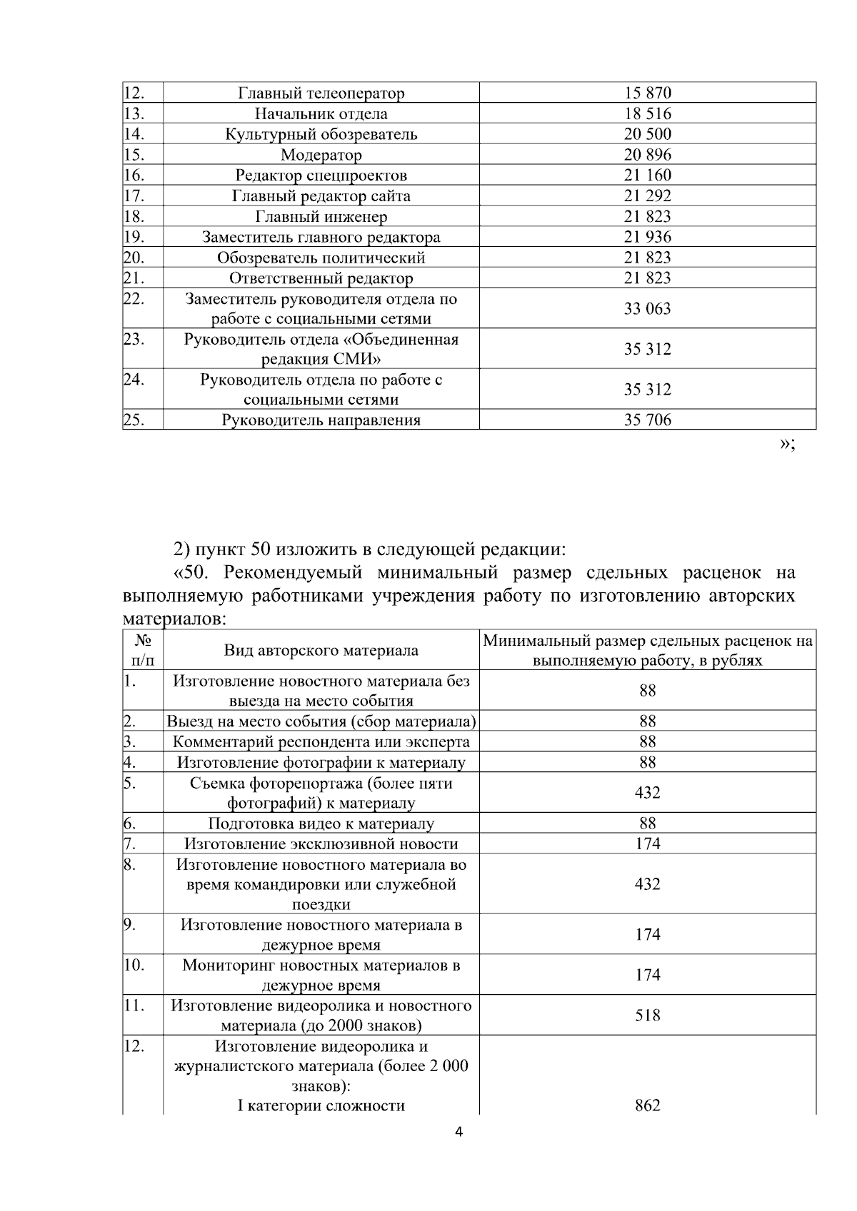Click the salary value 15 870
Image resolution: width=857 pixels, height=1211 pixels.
tap(647, 93)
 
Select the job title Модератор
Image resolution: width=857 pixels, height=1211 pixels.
tap(321, 155)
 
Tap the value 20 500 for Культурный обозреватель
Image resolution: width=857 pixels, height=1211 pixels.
tap(647, 134)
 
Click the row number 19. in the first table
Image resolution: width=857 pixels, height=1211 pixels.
tap(134, 237)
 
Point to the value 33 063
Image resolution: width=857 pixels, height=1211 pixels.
tap(647, 308)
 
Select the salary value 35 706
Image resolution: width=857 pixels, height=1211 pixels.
tap(647, 420)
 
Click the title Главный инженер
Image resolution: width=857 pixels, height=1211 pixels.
tap(321, 216)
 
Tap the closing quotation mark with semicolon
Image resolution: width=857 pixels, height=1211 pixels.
tap(786, 444)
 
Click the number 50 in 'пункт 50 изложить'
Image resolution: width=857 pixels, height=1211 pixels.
tap(261, 549)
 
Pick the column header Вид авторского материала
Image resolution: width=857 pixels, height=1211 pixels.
tap(321, 650)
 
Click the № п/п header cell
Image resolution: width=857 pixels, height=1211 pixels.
tap(143, 650)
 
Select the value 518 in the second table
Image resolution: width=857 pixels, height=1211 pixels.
tap(647, 1015)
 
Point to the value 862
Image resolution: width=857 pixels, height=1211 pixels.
tap(647, 1105)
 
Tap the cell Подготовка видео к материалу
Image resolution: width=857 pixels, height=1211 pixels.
tap(321, 824)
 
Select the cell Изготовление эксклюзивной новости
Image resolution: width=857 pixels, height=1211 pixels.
tap(321, 844)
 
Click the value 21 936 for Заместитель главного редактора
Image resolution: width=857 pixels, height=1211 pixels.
tap(647, 237)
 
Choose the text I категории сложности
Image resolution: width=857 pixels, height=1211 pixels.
tap(321, 1105)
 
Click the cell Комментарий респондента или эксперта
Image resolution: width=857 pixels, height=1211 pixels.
tap(321, 742)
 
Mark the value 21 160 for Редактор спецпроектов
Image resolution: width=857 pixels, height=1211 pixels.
tap(647, 175)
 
